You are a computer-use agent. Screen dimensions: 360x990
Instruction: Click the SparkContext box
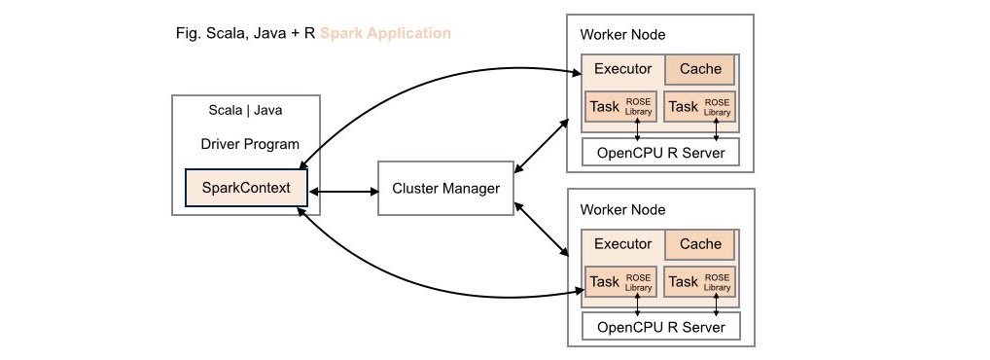246,188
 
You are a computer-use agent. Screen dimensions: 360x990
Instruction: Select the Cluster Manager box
444,188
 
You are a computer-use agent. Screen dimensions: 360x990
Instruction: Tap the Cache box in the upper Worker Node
699,70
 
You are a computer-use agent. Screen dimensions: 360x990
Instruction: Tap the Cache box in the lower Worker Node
699,244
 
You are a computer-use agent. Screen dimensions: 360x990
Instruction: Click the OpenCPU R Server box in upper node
659,153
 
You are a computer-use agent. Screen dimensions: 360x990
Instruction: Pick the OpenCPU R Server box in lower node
659,327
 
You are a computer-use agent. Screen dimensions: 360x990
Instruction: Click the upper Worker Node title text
622,35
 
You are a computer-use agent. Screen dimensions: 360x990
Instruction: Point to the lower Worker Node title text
622,210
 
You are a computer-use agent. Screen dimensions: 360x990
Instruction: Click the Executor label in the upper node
622,70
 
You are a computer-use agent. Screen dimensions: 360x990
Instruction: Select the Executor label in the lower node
622,244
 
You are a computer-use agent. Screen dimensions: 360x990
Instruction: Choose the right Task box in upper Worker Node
699,106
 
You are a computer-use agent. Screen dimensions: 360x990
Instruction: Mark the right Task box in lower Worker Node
699,281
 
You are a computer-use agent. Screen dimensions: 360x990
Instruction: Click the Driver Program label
249,144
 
